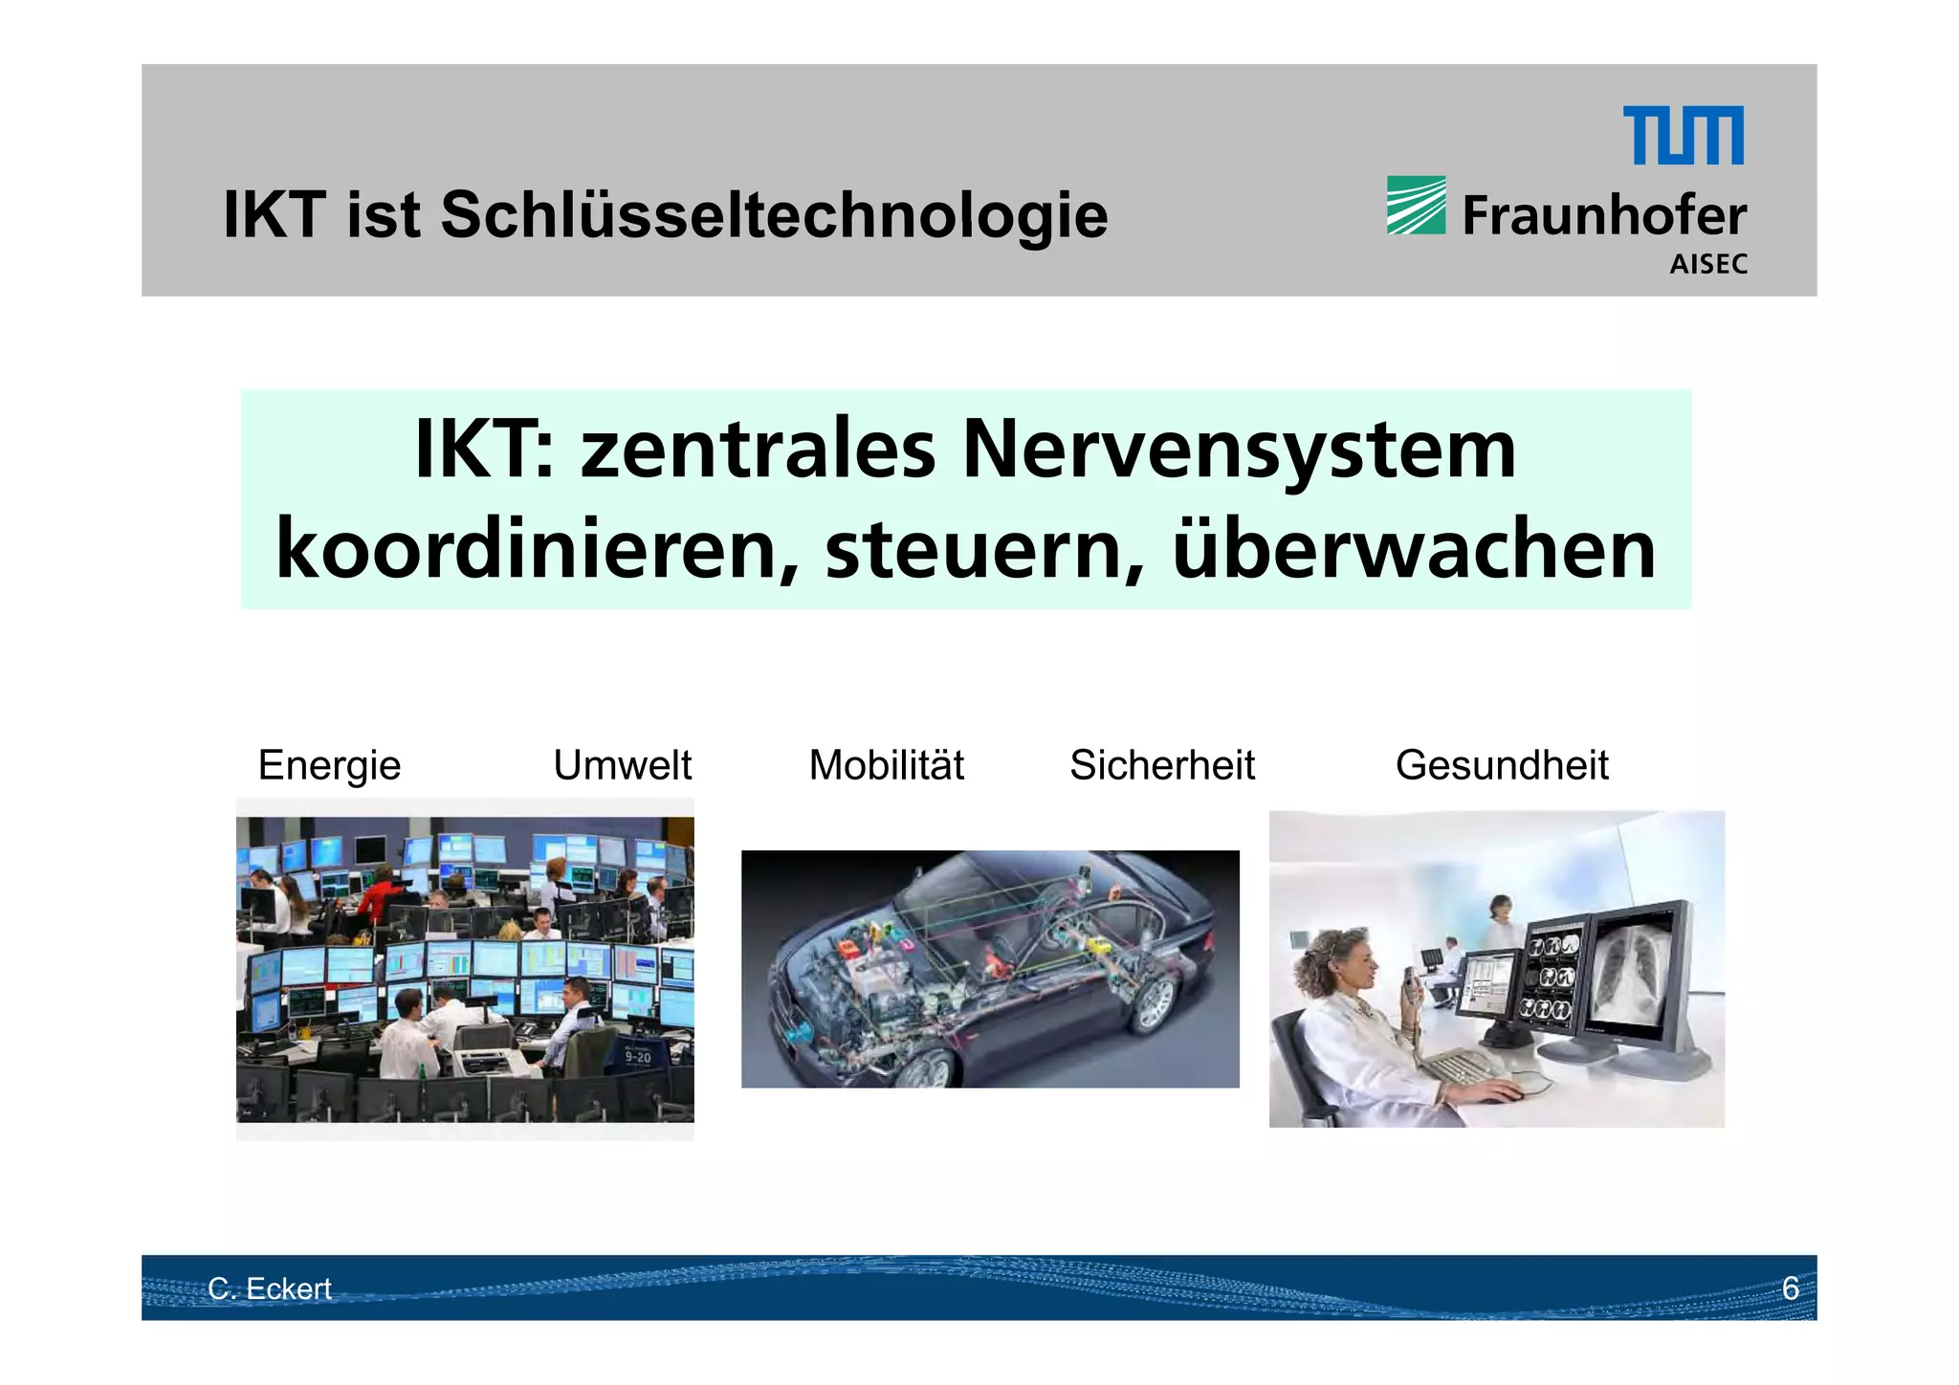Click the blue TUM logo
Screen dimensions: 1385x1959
click(1683, 136)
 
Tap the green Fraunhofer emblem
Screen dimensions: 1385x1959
click(1416, 205)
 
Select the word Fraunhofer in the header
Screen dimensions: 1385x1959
click(1604, 216)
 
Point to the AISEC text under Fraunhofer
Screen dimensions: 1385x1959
click(1708, 265)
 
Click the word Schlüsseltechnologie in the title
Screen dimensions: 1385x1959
click(774, 215)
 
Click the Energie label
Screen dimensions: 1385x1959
click(329, 765)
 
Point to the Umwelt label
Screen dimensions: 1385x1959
click(622, 765)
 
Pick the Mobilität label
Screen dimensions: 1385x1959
click(887, 765)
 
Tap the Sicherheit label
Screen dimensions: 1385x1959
click(1161, 765)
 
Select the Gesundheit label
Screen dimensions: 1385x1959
click(1502, 765)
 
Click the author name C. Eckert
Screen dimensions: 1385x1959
click(270, 1288)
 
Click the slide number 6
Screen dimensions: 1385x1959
click(1790, 1288)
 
